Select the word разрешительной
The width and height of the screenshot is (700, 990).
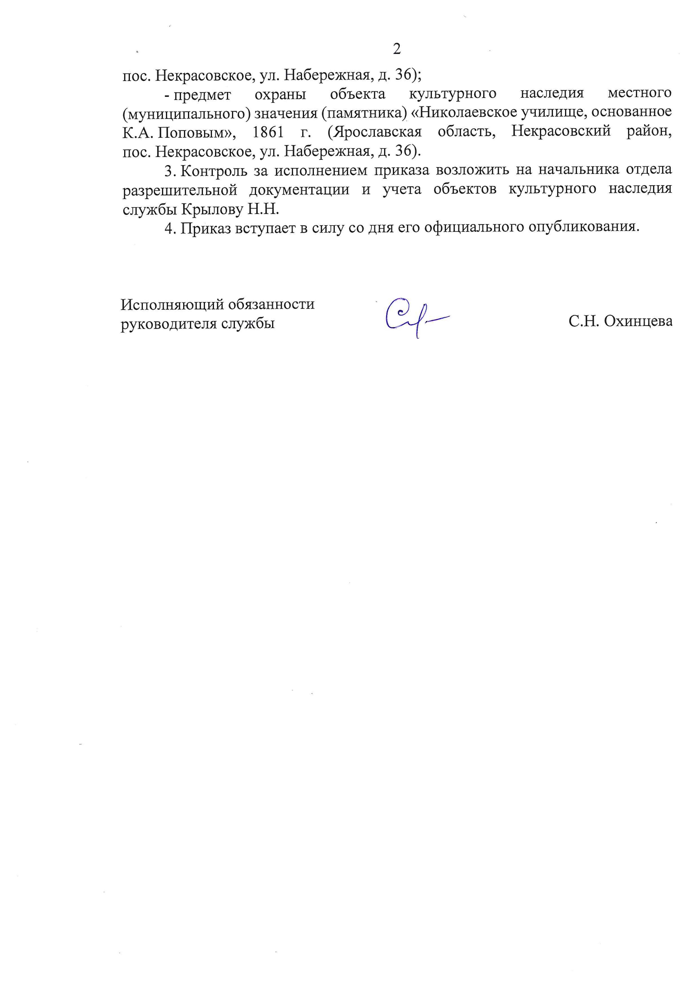180,190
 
